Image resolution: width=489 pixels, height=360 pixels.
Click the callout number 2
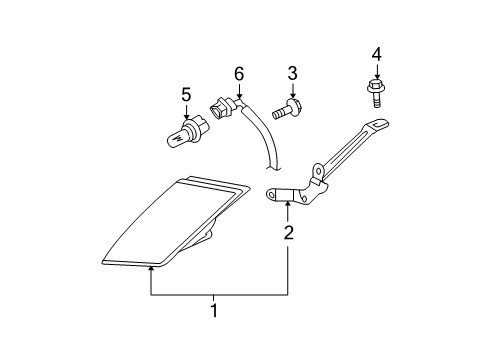pos(289,234)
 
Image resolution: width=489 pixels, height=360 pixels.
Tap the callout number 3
pos(293,73)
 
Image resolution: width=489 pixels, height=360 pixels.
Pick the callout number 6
pos(239,73)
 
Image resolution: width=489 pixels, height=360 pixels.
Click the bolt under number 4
pos(376,94)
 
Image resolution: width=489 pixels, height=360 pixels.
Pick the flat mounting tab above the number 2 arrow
pos(285,194)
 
